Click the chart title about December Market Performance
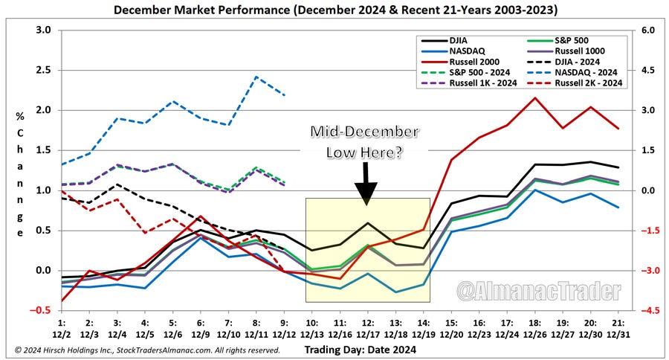pos(334,10)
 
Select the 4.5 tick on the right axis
pos(646,70)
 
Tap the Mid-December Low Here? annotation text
pos(364,141)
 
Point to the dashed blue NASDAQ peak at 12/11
pos(256,77)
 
